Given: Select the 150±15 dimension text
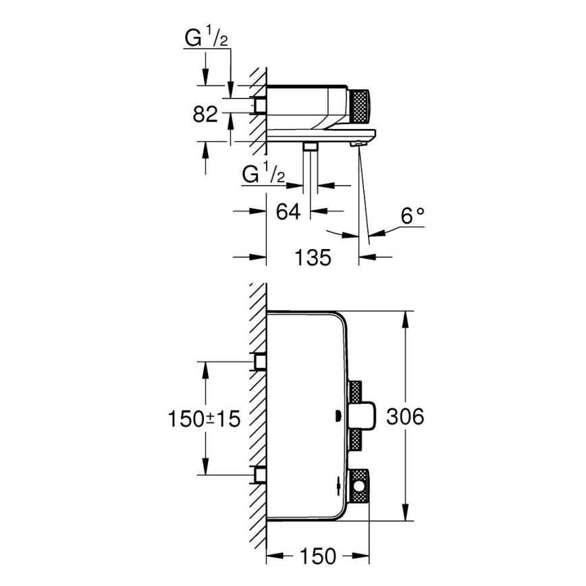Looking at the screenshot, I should [203, 419].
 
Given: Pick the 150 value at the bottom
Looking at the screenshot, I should [317, 556].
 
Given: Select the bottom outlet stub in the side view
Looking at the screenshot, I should [311, 147].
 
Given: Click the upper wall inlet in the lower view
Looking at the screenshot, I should [259, 362].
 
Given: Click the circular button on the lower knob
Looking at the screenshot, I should [359, 484].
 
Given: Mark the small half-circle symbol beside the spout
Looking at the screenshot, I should [338, 416].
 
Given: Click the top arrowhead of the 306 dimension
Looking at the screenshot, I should [404, 317].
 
